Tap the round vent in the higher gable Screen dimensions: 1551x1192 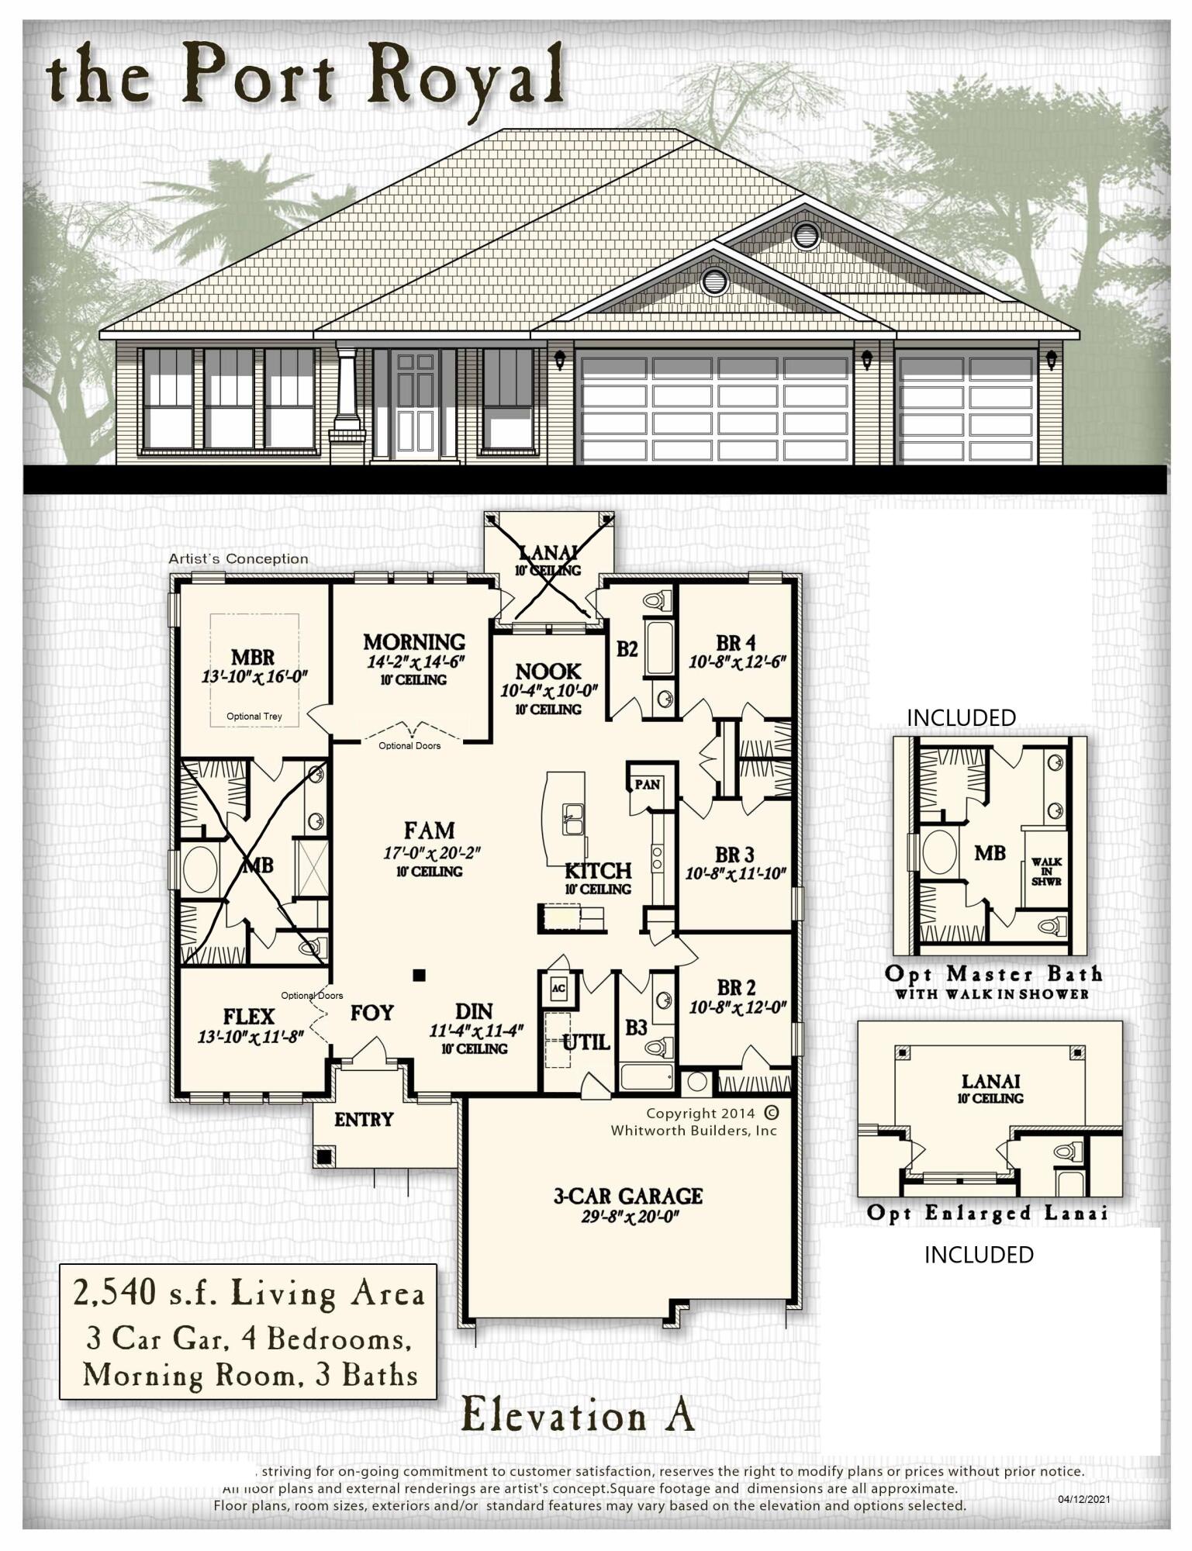pos(806,234)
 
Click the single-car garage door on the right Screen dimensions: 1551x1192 pos(966,409)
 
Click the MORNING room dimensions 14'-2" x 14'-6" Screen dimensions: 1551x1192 pos(415,662)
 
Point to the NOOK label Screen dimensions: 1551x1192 pos(548,672)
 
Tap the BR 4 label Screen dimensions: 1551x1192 pos(735,643)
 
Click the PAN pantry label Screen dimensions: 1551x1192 pos(647,784)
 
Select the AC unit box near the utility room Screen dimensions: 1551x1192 pos(558,988)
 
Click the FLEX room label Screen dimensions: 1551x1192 pos(249,1016)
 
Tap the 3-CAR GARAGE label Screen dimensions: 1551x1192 pos(627,1196)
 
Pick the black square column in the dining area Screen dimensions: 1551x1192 pos(419,976)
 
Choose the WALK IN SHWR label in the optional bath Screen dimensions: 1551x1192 pos(1046,872)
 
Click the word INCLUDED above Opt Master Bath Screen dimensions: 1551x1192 pos(961,718)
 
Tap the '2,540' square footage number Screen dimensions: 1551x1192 pos(107,1294)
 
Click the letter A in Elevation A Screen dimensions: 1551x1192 pos(679,1415)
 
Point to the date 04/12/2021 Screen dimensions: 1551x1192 pos(1083,1499)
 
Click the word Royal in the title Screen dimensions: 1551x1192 pos(465,76)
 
